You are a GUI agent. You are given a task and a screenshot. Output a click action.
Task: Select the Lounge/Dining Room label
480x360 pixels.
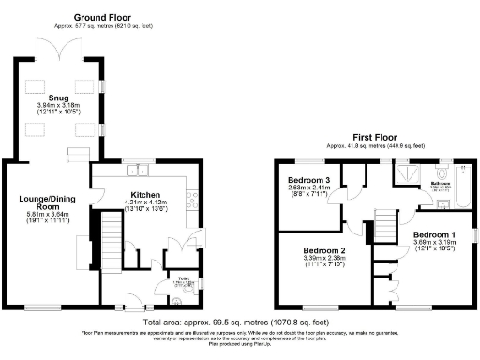(47, 203)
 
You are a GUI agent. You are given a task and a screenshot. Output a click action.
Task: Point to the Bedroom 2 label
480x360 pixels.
(323, 251)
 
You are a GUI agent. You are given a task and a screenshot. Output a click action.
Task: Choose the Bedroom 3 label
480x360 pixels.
(308, 179)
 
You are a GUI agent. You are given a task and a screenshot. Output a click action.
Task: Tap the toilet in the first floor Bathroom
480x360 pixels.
(465, 172)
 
